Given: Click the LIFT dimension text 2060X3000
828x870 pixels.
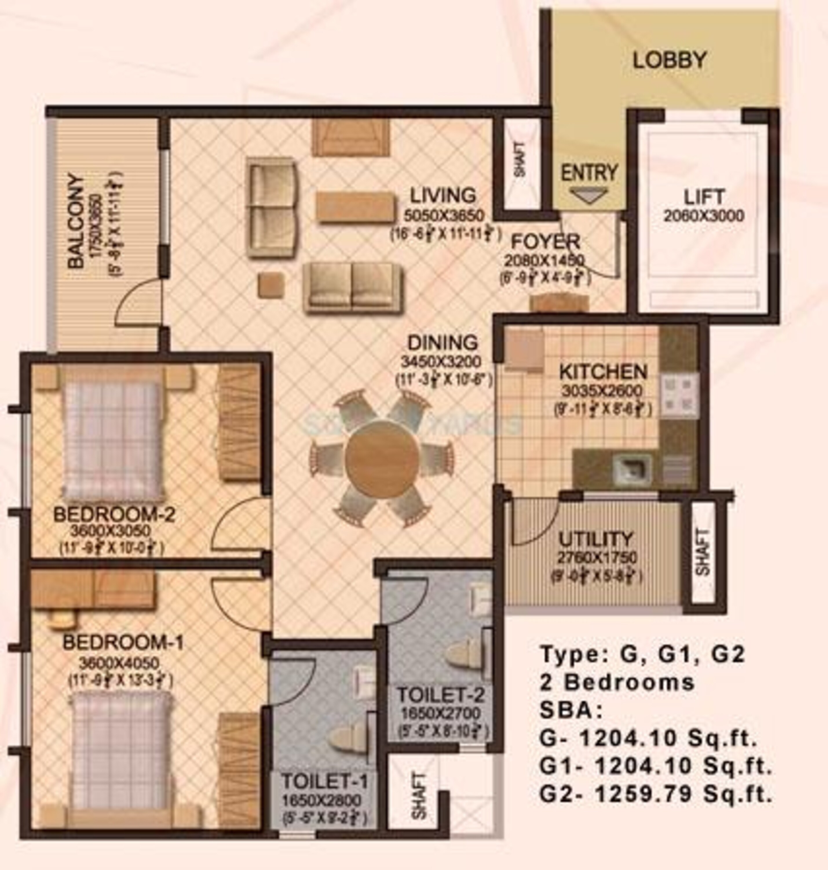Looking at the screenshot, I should (x=703, y=216).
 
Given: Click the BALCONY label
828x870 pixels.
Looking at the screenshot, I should (x=76, y=221).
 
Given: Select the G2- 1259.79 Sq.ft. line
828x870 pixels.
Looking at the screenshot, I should (x=656, y=794).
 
